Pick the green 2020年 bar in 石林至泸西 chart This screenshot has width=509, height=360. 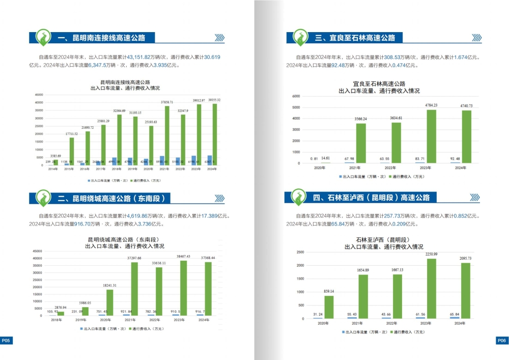pyautogui.click(x=329, y=307)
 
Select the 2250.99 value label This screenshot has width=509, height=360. pyautogui.click(x=429, y=254)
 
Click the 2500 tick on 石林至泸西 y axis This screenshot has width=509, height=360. pyautogui.click(x=300, y=252)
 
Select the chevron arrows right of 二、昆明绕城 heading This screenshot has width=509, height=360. pyautogui.click(x=219, y=198)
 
